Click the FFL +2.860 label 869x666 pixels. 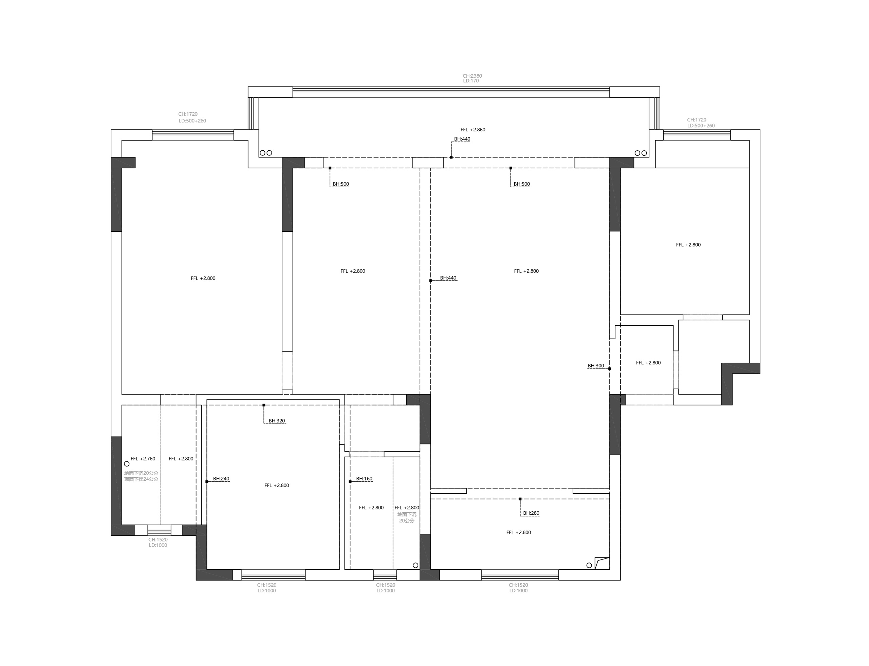(473, 130)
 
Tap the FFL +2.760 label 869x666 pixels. (143, 459)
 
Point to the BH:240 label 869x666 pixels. (221, 478)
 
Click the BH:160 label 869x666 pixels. (364, 478)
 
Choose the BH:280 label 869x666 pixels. (531, 513)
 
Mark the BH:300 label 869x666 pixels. (596, 366)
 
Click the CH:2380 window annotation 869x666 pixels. (473, 76)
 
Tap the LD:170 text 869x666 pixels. (471, 81)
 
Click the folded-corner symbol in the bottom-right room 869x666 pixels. (602, 563)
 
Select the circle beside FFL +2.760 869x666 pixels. (127, 464)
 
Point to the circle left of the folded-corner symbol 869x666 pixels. (589, 565)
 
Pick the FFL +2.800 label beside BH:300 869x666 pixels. (648, 363)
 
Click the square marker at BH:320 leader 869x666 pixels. (264, 405)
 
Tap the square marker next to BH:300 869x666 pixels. (610, 369)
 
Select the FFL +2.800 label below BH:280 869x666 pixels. (518, 532)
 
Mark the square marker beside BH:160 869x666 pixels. (350, 482)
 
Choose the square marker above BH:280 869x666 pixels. (520, 499)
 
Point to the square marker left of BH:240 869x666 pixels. (207, 482)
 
